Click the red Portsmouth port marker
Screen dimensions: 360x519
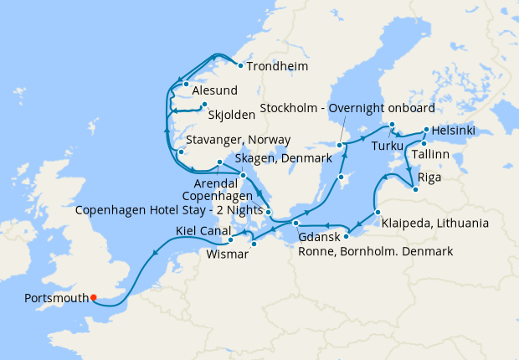[94, 296]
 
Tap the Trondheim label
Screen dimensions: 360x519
[278, 66]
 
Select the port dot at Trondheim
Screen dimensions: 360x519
[239, 66]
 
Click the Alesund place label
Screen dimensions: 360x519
[215, 90]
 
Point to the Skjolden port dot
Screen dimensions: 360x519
[203, 105]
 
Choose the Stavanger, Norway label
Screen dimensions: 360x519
[239, 140]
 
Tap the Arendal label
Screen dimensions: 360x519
[218, 182]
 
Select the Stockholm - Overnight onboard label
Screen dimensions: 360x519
[347, 109]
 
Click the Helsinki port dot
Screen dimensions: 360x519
[426, 130]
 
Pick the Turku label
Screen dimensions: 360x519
[388, 146]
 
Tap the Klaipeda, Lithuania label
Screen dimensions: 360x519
[433, 224]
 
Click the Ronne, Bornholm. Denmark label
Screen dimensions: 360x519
[375, 251]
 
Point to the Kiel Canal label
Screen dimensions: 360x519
[204, 231]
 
